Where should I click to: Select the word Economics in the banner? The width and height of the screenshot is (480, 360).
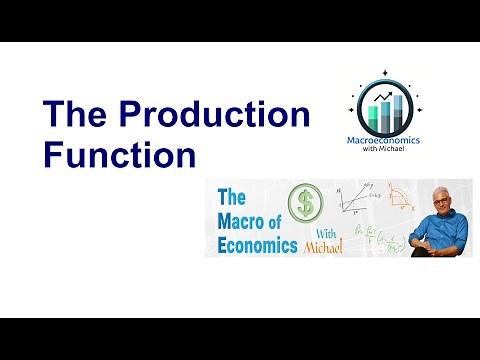tap(253, 246)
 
